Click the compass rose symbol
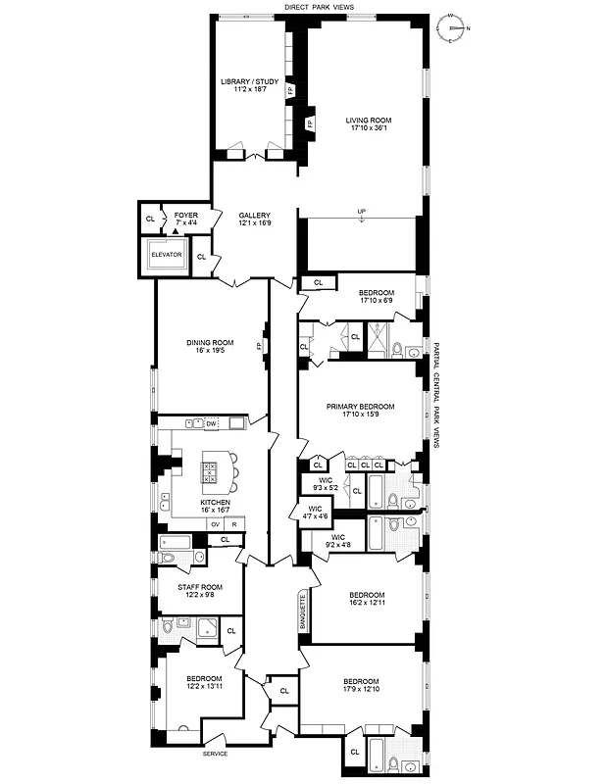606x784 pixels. pyautogui.click(x=452, y=27)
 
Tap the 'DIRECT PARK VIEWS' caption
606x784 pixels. pyautogui.click(x=319, y=7)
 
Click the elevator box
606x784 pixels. pyautogui.click(x=166, y=255)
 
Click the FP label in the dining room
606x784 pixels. pyautogui.click(x=260, y=346)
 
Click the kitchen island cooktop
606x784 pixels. pyautogui.click(x=209, y=472)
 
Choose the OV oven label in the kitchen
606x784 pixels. pyautogui.click(x=214, y=524)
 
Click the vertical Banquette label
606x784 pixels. pyautogui.click(x=303, y=612)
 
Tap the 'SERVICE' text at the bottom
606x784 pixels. pyautogui.click(x=215, y=753)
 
